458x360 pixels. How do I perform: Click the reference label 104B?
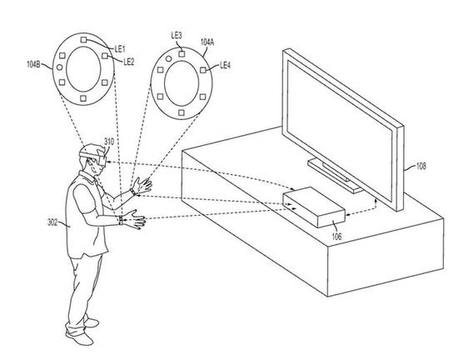[x=33, y=64]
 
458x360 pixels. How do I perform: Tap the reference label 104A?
[x=207, y=42]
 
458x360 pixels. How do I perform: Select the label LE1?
[x=120, y=49]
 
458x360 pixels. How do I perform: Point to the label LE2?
[x=129, y=62]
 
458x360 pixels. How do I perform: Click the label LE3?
[x=177, y=35]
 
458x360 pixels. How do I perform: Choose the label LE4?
[x=225, y=65]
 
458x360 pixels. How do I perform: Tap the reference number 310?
[x=109, y=142]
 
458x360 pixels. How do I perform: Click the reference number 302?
[x=52, y=222]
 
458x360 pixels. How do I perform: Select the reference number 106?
[x=336, y=236]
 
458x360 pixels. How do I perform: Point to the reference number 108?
[x=421, y=167]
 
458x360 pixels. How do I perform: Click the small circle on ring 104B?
[x=60, y=67]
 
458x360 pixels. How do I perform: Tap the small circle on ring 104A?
[x=168, y=59]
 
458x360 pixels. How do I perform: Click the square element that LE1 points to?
[x=83, y=40]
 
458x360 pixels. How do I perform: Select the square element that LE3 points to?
[x=182, y=54]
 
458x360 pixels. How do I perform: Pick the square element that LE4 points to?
[x=203, y=70]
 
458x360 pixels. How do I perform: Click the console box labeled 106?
[x=314, y=207]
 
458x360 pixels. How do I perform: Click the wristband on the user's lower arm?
[x=121, y=220]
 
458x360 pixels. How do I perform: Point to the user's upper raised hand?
[x=143, y=185]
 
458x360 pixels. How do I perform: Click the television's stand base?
[x=335, y=176]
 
